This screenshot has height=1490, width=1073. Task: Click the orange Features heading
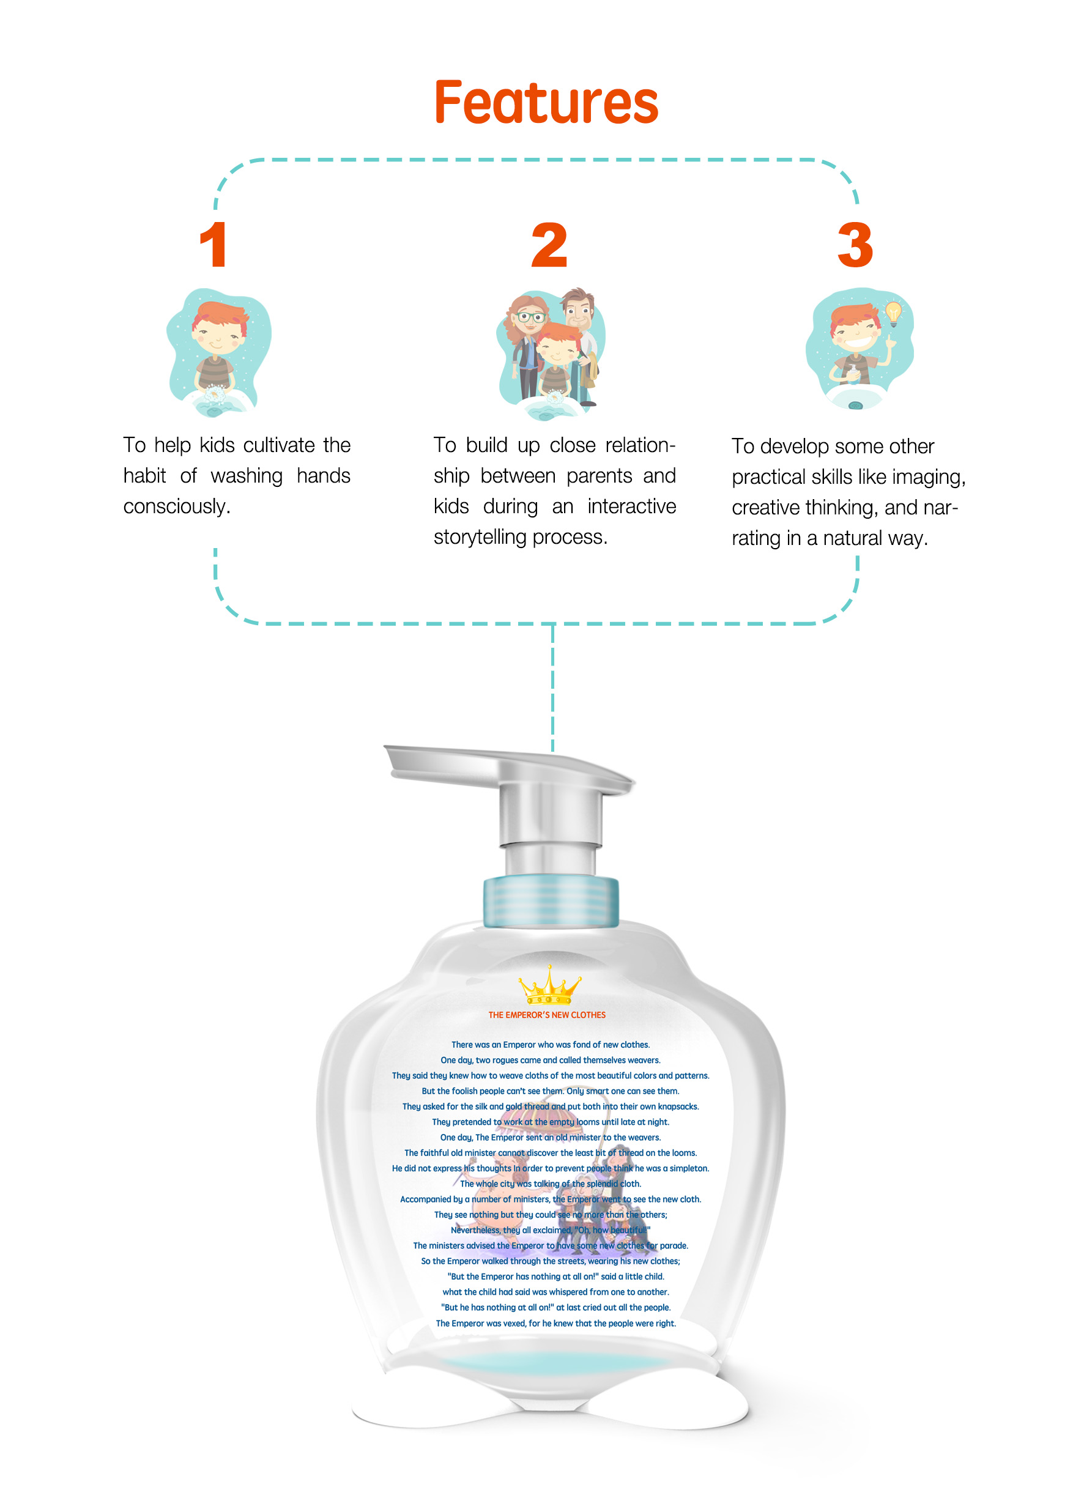pos(546,103)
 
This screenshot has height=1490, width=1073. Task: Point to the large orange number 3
pos(855,245)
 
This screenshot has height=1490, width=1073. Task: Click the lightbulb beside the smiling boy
pos(893,313)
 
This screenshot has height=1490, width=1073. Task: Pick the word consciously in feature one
pos(177,506)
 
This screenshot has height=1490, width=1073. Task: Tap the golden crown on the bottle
pos(549,985)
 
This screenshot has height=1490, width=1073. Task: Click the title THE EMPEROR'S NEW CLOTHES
pos(547,1015)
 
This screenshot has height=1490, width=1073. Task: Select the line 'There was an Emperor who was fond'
pos(551,1045)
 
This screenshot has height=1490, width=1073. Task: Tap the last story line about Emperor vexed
pos(556,1323)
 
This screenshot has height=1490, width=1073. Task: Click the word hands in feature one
pos(323,476)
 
